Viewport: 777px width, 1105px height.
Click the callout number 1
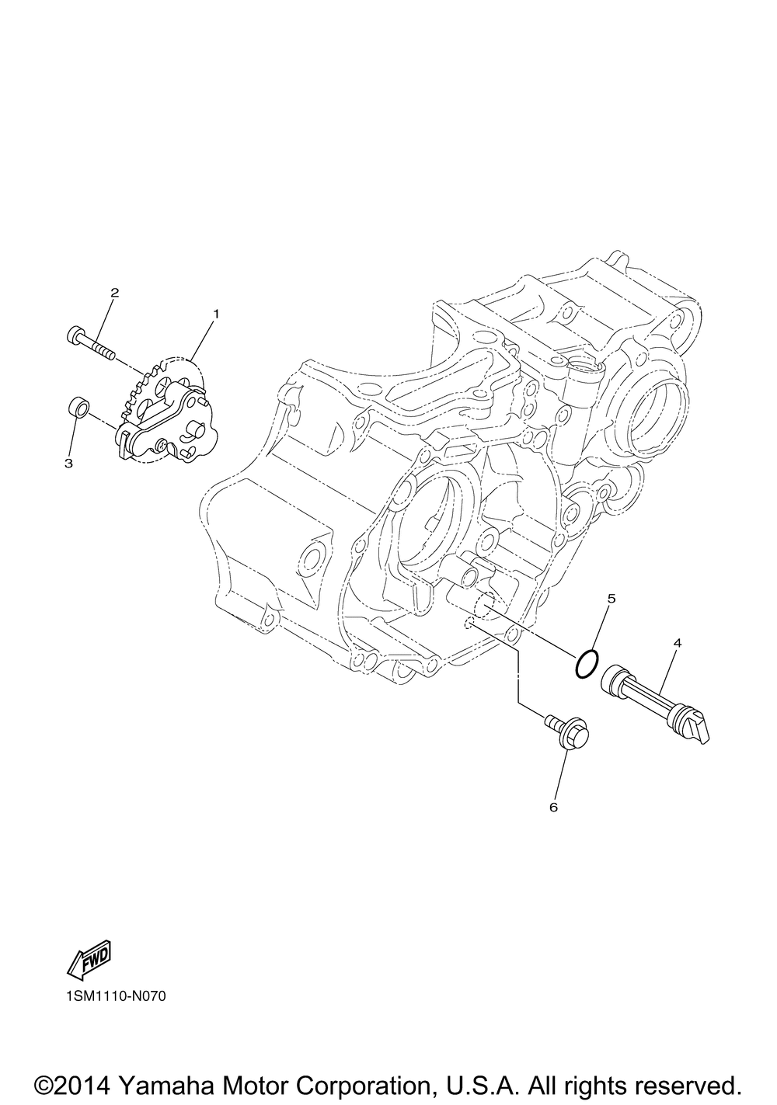tap(215, 314)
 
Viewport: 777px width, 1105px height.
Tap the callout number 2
tap(114, 293)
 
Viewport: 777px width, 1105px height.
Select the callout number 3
tap(68, 464)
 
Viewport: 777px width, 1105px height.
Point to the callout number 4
tap(678, 643)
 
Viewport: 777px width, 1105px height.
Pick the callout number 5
tap(611, 599)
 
